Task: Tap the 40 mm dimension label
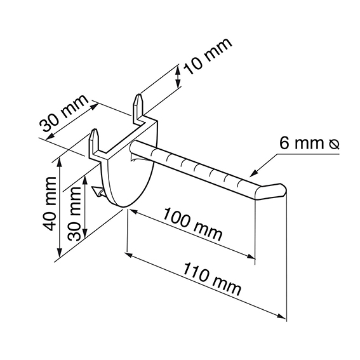(x=50, y=204)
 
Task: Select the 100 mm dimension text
(x=193, y=224)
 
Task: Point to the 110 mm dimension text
(x=212, y=279)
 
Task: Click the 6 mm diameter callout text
(x=309, y=143)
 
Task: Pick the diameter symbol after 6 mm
(x=334, y=144)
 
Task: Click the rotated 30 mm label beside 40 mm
(x=76, y=213)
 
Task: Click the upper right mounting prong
(x=138, y=106)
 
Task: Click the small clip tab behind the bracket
(x=98, y=191)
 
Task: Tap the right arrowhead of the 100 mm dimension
(x=251, y=257)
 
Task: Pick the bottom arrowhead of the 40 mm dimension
(x=60, y=252)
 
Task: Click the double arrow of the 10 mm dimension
(x=178, y=77)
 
